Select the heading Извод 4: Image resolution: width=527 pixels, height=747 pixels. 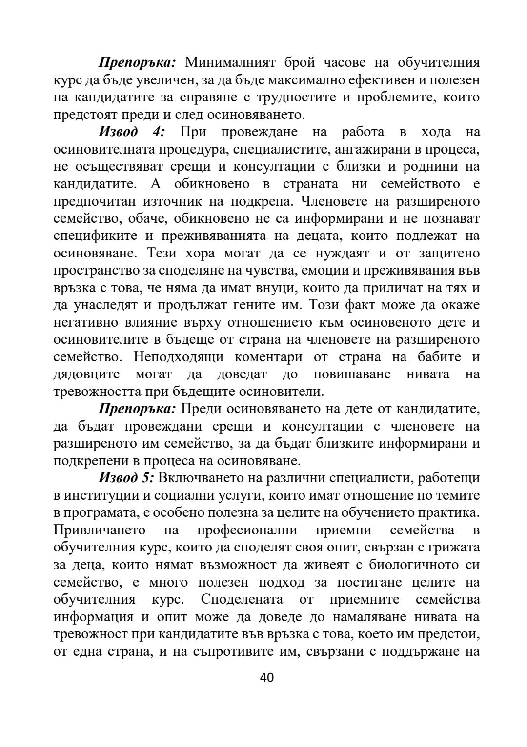132,132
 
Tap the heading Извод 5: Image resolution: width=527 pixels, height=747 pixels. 126,478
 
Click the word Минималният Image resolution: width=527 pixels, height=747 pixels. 231,62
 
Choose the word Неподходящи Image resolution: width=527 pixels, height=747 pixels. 179,357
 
